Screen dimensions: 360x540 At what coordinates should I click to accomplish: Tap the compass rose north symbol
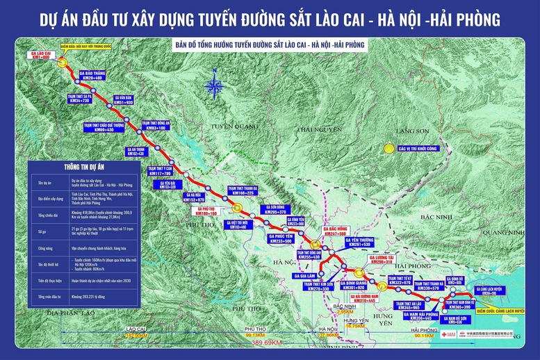tap(215, 88)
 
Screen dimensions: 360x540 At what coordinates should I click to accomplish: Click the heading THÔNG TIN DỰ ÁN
tap(72, 167)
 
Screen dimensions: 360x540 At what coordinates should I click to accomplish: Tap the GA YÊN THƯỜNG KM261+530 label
tap(359, 242)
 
